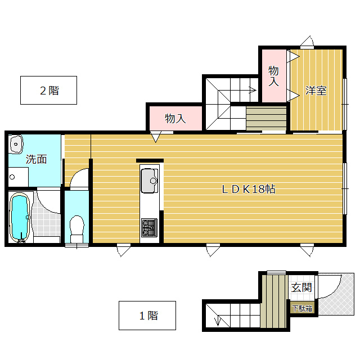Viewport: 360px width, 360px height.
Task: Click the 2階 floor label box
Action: (x=48, y=90)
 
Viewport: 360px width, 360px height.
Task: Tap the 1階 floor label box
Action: (x=147, y=316)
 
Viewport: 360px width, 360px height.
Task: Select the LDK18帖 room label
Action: (x=249, y=189)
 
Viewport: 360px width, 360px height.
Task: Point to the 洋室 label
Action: (x=316, y=91)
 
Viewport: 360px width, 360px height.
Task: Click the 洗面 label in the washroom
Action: (x=36, y=159)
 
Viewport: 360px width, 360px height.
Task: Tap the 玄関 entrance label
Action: (x=301, y=287)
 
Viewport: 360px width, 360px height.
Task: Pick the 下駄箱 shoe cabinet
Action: (x=302, y=309)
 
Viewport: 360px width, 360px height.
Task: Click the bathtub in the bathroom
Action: (x=20, y=218)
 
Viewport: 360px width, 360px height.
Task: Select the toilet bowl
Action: (x=76, y=229)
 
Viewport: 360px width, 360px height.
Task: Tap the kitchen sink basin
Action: (x=149, y=181)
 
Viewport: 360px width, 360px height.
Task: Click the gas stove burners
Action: (x=149, y=227)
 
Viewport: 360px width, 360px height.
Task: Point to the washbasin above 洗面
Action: (x=16, y=144)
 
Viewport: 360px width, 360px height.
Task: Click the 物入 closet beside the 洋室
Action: (x=274, y=76)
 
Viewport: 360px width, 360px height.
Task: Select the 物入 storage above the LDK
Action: (x=175, y=118)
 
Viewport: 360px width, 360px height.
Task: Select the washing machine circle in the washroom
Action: (x=12, y=177)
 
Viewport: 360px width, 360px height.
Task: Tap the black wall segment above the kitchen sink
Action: (x=150, y=160)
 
